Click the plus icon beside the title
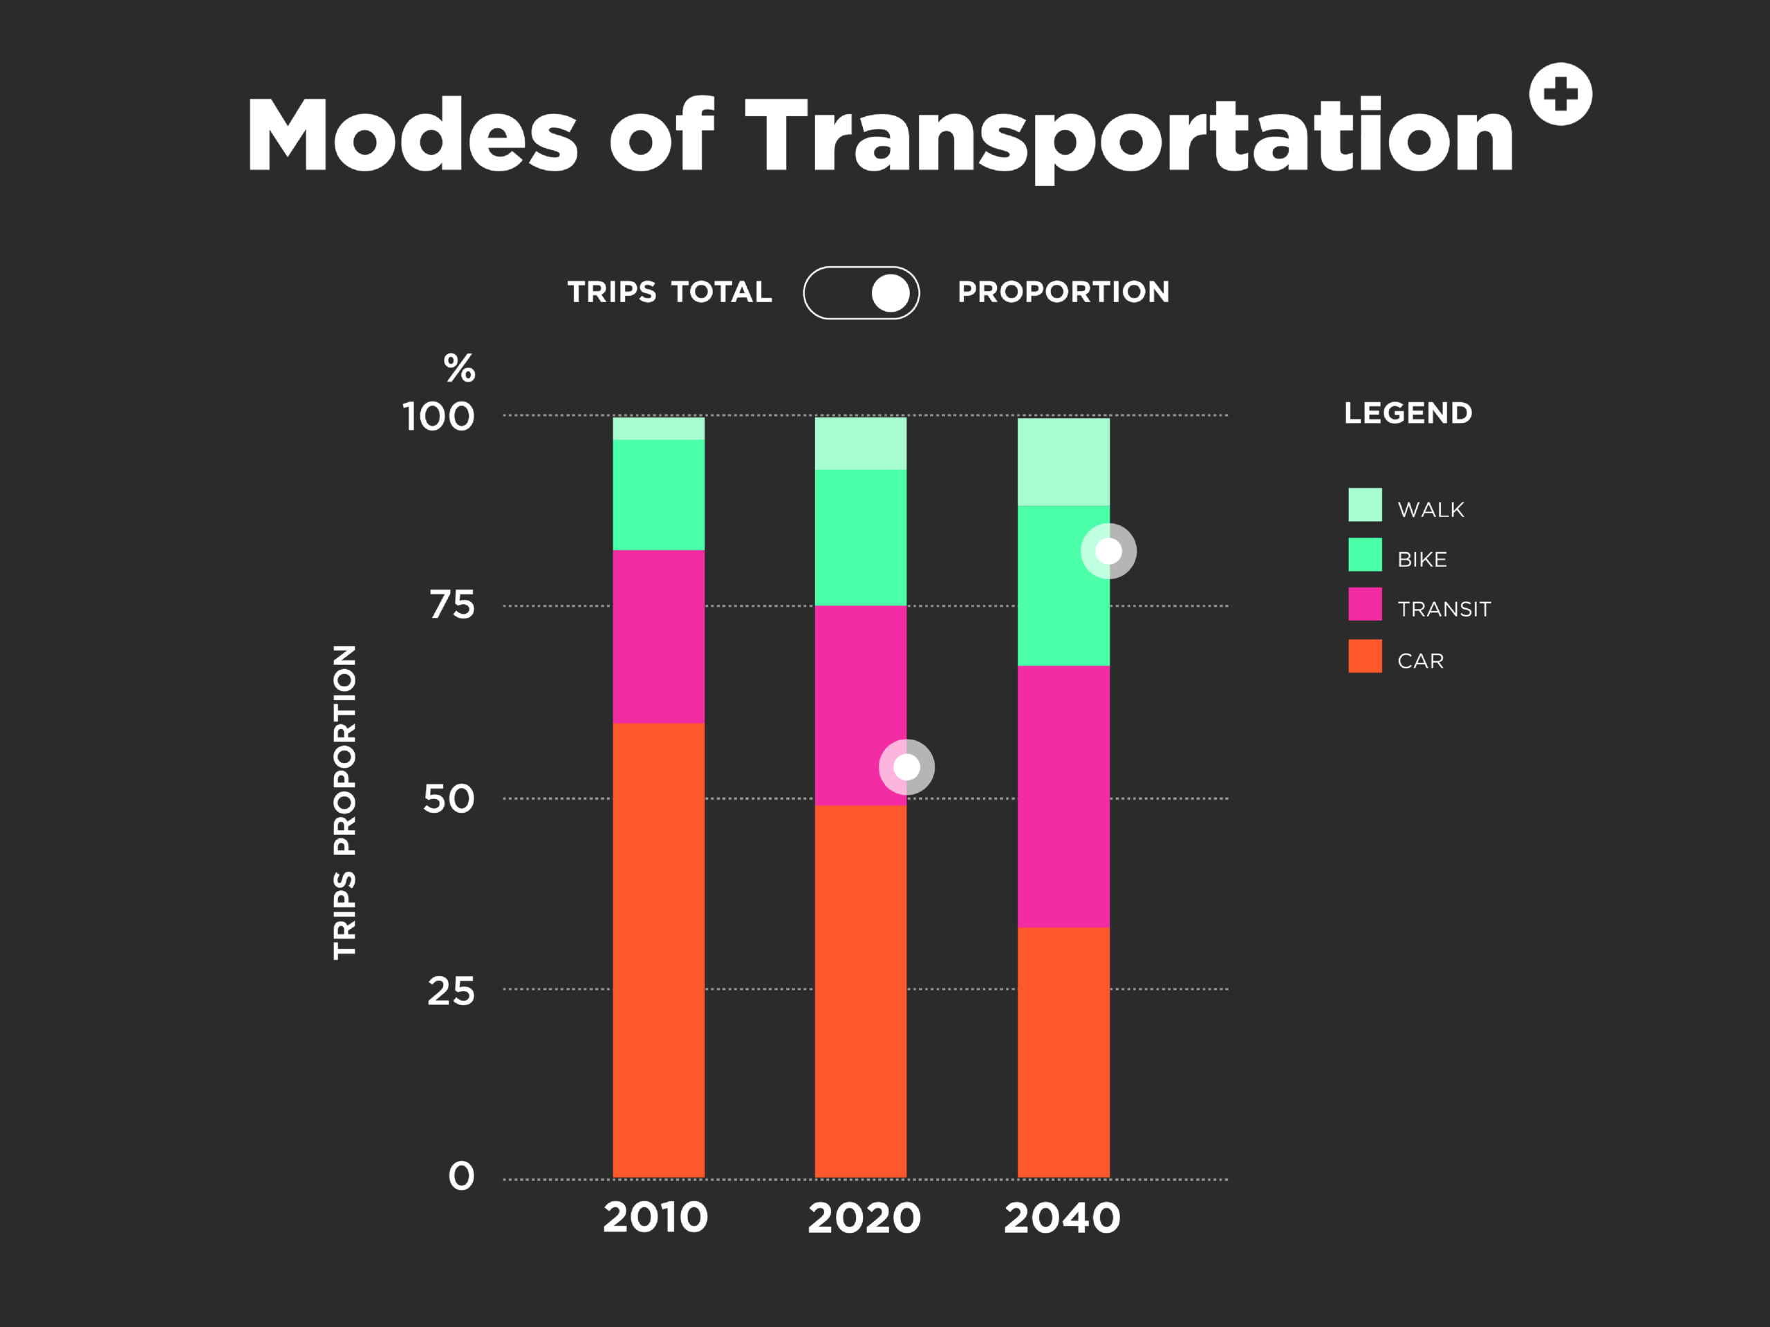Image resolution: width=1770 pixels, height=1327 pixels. (x=1560, y=95)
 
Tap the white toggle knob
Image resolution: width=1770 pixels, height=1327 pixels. (x=890, y=293)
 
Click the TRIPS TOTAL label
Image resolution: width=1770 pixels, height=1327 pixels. (x=670, y=292)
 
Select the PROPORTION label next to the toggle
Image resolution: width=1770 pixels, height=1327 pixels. (x=1063, y=292)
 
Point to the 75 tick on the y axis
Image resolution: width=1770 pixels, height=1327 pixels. (x=452, y=605)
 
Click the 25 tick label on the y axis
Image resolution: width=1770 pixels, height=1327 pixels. (x=451, y=992)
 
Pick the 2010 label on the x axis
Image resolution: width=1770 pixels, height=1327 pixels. (x=655, y=1217)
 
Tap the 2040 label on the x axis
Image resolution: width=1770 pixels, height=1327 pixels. (x=1062, y=1217)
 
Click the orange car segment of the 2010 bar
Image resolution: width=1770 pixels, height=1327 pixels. (x=658, y=950)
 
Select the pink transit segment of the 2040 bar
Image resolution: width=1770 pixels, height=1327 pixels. (x=1063, y=796)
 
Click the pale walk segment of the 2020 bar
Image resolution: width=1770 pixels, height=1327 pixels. (x=860, y=443)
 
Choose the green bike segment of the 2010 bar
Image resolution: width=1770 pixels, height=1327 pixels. (x=658, y=494)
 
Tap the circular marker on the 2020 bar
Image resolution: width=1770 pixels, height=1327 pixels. (x=906, y=767)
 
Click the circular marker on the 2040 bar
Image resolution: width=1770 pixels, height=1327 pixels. (x=1108, y=551)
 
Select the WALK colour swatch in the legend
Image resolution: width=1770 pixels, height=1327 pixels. (x=1364, y=505)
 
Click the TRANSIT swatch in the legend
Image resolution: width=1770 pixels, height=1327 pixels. (x=1364, y=604)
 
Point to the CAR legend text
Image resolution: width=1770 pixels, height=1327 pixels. (x=1420, y=661)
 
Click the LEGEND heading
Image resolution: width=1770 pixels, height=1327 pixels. (x=1408, y=413)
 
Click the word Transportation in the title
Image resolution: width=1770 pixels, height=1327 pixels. (x=1128, y=136)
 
